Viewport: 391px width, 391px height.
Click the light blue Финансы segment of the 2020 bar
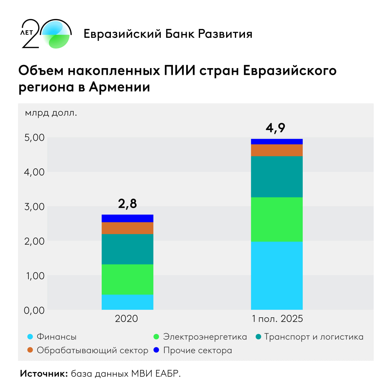(x=127, y=302)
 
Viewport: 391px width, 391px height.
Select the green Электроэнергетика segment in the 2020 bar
(x=127, y=279)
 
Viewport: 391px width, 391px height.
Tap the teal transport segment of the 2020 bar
(x=127, y=249)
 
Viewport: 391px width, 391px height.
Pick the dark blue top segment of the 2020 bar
(x=127, y=218)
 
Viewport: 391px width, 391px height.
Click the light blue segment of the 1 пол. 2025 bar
(x=277, y=276)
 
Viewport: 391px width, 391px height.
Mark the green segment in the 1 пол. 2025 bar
(x=277, y=219)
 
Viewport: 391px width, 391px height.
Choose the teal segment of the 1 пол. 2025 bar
(x=277, y=177)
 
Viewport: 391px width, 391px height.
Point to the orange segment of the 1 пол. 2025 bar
(x=277, y=150)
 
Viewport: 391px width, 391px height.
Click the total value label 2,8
(x=127, y=204)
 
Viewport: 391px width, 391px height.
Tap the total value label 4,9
(x=275, y=128)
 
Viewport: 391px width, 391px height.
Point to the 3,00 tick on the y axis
(x=34, y=207)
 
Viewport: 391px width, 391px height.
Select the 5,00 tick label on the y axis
(x=34, y=137)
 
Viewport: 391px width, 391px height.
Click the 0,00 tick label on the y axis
(x=34, y=310)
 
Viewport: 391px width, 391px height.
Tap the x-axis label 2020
(x=126, y=319)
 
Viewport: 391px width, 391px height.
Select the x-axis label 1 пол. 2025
(x=277, y=319)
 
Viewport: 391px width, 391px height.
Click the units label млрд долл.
(x=51, y=113)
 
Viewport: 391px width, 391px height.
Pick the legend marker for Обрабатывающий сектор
(x=30, y=350)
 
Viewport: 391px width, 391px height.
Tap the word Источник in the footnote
(x=44, y=373)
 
